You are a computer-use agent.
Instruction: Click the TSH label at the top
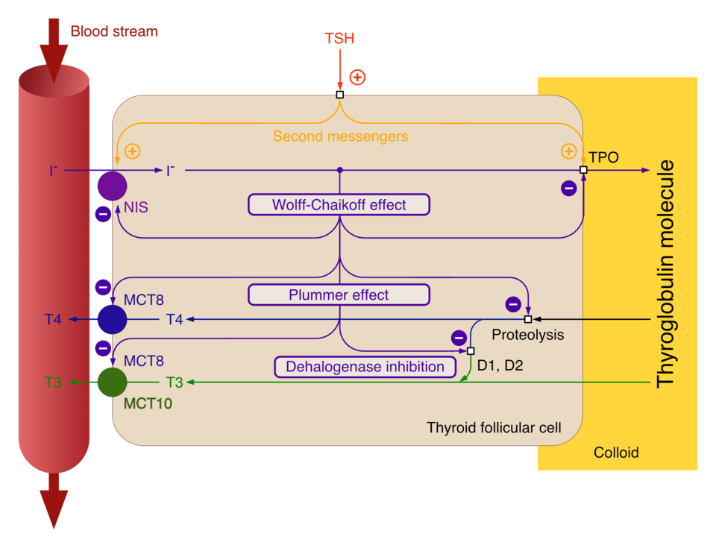(x=339, y=39)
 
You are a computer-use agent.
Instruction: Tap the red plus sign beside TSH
(x=358, y=77)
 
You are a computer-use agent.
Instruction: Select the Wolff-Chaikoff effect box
(x=339, y=205)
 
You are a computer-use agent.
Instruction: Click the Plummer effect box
(x=339, y=295)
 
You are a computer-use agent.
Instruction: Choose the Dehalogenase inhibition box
(x=365, y=367)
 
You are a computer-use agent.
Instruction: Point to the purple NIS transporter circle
(x=112, y=186)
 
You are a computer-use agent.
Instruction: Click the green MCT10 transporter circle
(x=112, y=382)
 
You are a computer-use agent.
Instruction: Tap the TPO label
(x=603, y=159)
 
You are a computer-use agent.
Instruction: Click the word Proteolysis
(x=527, y=336)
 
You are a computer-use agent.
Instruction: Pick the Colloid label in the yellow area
(x=616, y=453)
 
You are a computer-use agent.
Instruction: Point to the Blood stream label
(x=114, y=31)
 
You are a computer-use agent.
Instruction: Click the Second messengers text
(x=340, y=136)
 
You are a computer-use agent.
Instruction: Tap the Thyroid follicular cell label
(x=494, y=428)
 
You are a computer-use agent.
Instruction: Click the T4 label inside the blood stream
(x=52, y=320)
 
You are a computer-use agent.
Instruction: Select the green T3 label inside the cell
(x=174, y=382)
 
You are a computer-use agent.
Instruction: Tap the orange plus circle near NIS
(x=132, y=151)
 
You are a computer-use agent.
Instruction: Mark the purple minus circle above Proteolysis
(x=513, y=303)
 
